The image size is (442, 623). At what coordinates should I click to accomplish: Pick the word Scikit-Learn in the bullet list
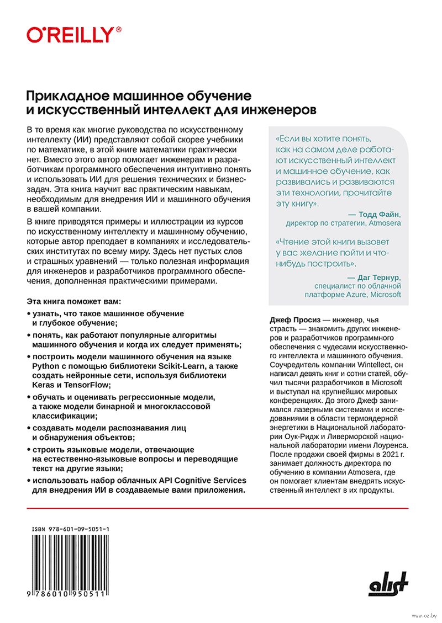pyautogui.click(x=175, y=365)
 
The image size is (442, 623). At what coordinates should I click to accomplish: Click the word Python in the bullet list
pyautogui.click(x=46, y=365)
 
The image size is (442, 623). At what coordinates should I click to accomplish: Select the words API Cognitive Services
pyautogui.click(x=187, y=480)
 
